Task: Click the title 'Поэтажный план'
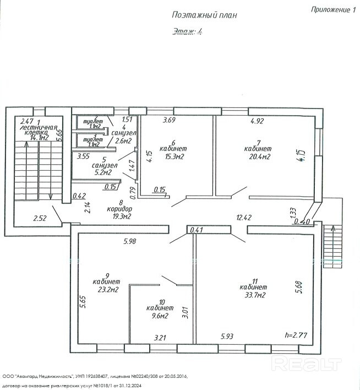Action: point(204,15)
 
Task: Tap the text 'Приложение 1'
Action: point(332,9)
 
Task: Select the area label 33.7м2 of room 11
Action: point(254,296)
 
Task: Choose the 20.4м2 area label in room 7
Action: point(258,157)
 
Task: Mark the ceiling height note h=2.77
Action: point(296,335)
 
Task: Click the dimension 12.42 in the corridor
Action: point(243,218)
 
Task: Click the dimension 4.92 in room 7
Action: point(258,120)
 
